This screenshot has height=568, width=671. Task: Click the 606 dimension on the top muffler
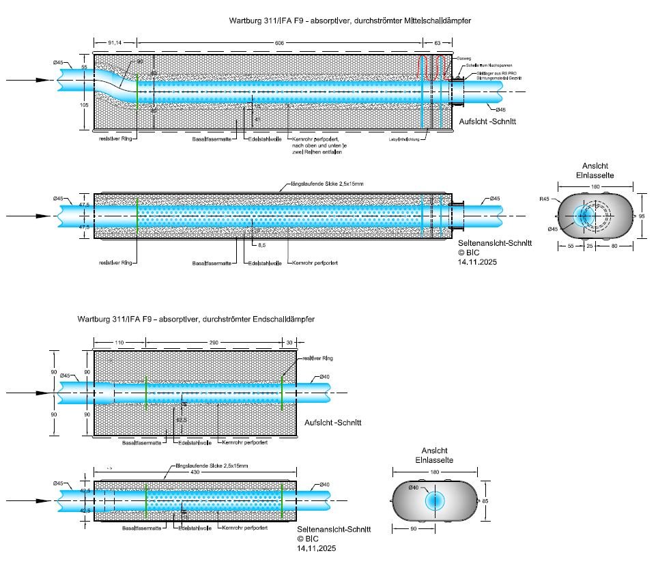[x=279, y=42]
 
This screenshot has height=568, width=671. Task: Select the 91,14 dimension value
[x=115, y=42]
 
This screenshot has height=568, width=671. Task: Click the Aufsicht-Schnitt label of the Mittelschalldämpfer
[x=487, y=121]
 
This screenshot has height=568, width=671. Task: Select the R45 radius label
[x=544, y=199]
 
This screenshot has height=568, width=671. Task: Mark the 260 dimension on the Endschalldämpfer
[x=214, y=343]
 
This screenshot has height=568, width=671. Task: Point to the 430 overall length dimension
[x=195, y=474]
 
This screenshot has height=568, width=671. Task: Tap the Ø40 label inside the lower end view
[x=414, y=487]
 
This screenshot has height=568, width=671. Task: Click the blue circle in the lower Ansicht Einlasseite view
[x=434, y=500]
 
